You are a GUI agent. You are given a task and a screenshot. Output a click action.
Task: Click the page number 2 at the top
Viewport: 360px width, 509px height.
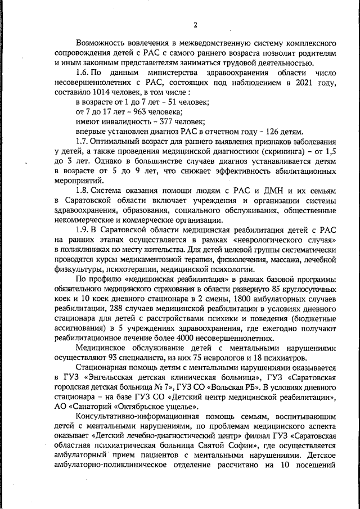click(x=195, y=24)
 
